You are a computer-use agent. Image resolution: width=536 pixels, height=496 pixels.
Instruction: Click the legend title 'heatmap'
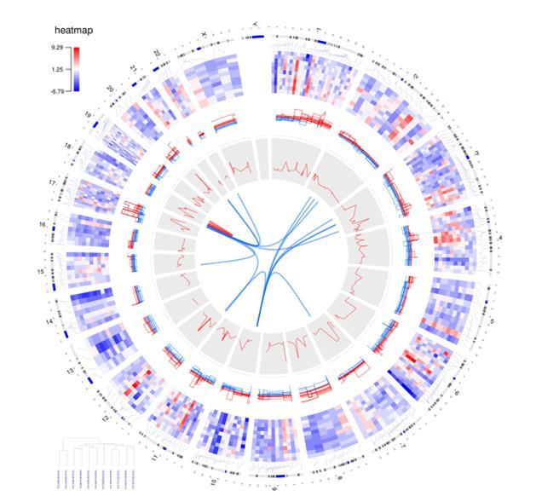click(73, 31)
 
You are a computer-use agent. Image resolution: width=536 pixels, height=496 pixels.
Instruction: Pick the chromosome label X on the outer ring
click(203, 35)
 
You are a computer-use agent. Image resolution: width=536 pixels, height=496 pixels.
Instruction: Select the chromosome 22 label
click(158, 53)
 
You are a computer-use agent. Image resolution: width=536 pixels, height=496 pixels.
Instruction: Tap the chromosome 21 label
click(133, 67)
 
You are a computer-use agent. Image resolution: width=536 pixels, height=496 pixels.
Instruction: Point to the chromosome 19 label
click(88, 114)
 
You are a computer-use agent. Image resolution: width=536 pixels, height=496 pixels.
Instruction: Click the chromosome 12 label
click(105, 418)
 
